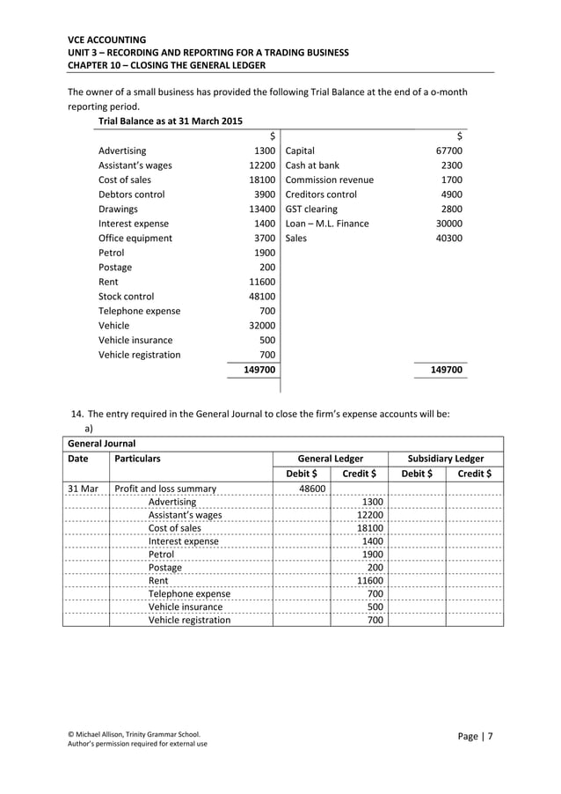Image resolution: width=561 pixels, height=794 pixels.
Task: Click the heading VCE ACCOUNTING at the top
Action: click(x=107, y=40)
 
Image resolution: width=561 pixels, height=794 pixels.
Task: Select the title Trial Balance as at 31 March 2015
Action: click(x=171, y=121)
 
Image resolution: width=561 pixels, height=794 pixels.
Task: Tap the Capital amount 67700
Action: click(x=449, y=151)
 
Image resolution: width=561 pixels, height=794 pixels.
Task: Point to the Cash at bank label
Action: click(x=312, y=165)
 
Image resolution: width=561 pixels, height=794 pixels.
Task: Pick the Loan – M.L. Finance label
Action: click(x=327, y=224)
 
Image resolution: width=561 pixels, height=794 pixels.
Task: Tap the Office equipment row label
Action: click(x=135, y=238)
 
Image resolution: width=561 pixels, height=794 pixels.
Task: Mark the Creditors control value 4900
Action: click(x=451, y=195)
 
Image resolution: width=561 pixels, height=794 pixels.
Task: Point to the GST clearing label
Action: click(x=311, y=210)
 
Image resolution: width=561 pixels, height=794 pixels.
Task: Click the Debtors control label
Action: click(x=131, y=195)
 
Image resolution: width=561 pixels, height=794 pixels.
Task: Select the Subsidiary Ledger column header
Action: click(x=446, y=459)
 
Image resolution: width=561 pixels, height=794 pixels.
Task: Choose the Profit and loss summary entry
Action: click(x=165, y=489)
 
